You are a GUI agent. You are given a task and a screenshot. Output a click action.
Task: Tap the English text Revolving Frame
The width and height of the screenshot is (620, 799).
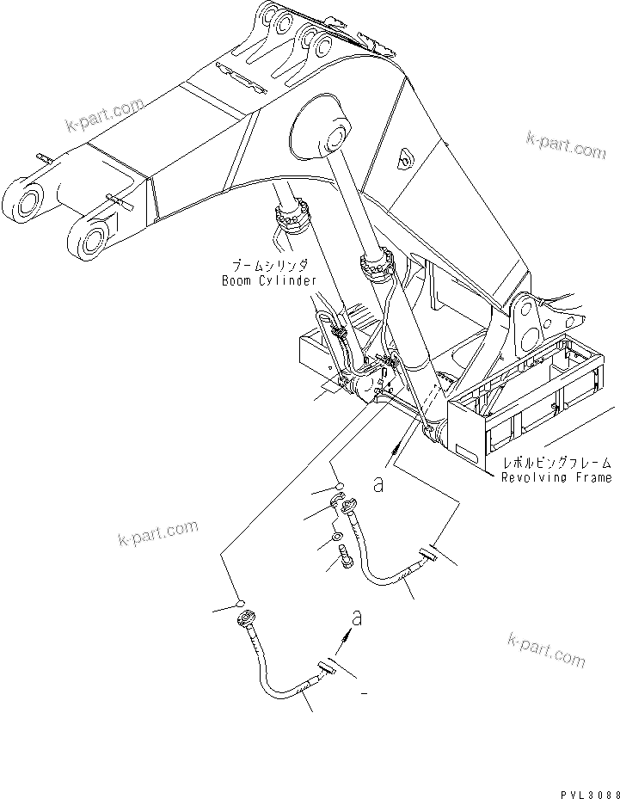point(556,476)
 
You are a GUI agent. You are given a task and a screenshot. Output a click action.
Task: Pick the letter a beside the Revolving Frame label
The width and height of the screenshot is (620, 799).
point(378,484)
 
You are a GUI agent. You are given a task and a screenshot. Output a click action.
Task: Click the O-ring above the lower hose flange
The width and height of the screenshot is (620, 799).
point(242,602)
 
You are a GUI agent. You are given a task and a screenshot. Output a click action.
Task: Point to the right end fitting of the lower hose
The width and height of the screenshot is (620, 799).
point(328,667)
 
